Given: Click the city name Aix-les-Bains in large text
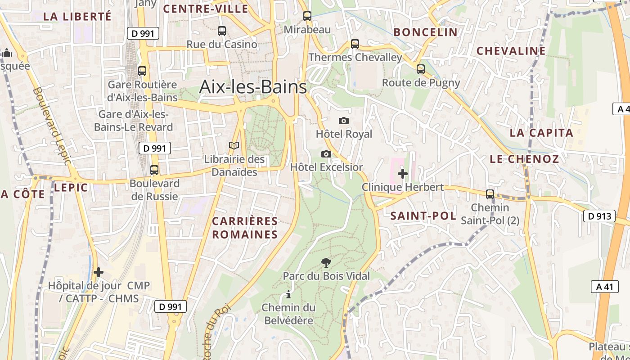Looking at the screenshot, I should pyautogui.click(x=253, y=87).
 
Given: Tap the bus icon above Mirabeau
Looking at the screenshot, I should pyautogui.click(x=307, y=16).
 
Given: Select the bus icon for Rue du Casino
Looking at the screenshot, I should pyautogui.click(x=221, y=31).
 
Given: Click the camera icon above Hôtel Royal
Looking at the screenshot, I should pyautogui.click(x=344, y=121).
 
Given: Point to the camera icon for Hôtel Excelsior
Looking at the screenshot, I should pyautogui.click(x=326, y=154).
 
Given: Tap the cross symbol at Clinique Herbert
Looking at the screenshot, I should pyautogui.click(x=403, y=173).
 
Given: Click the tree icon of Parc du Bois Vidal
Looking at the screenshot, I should pyautogui.click(x=326, y=262).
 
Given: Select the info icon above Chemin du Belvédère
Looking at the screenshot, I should pyautogui.click(x=288, y=295).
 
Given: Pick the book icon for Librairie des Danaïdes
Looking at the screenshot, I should pyautogui.click(x=234, y=146).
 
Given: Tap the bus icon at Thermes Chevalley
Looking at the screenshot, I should pyautogui.click(x=355, y=44).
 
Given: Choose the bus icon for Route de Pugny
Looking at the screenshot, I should pyautogui.click(x=421, y=69).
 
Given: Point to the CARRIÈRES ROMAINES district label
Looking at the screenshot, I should pyautogui.click(x=245, y=228).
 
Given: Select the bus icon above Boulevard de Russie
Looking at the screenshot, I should pyautogui.click(x=154, y=170).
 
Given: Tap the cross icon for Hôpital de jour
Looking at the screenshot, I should pyautogui.click(x=99, y=272).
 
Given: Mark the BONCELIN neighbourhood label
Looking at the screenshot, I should pyautogui.click(x=425, y=32).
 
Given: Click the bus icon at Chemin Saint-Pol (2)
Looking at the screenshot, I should pyautogui.click(x=490, y=194).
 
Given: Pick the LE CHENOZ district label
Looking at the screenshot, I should pyautogui.click(x=524, y=159).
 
